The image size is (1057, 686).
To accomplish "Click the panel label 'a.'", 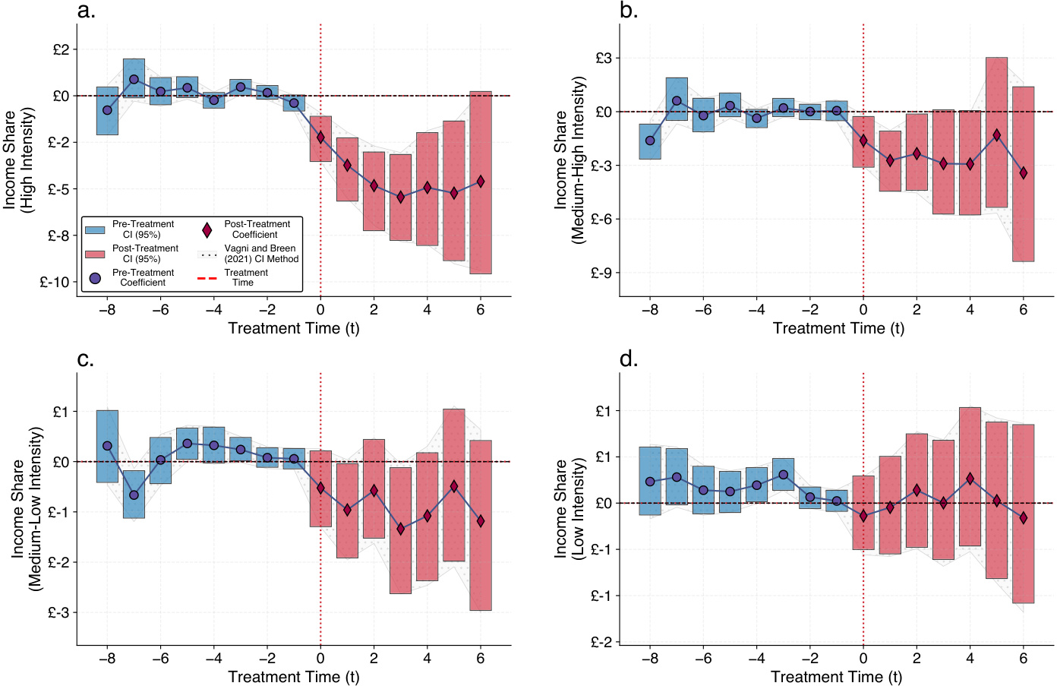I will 87,11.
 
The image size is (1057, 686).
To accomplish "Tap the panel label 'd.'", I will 629,359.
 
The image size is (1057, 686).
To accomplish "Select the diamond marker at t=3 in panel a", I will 400,197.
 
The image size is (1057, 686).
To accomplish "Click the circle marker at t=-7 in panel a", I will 134,79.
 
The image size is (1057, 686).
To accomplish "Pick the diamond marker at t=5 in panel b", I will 996,135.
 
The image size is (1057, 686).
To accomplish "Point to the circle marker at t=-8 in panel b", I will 650,141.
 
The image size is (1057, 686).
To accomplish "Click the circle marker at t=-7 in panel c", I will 134,495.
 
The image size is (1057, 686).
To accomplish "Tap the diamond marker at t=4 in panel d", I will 970,479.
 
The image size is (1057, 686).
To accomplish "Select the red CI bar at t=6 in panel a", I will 481,182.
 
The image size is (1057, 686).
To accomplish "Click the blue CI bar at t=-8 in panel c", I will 107,447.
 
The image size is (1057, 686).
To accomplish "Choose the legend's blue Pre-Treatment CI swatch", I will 95,229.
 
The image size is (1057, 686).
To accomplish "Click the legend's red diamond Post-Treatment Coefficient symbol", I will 207,229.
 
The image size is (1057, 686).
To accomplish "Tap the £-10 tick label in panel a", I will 55,282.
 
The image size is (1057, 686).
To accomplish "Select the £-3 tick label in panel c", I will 59,612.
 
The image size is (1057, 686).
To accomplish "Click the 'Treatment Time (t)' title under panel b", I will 838,328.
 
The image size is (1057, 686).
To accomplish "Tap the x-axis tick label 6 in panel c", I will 481,659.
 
